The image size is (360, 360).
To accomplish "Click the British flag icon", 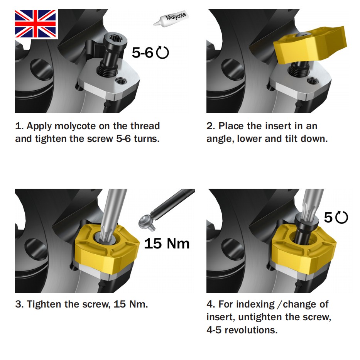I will (x=36, y=24).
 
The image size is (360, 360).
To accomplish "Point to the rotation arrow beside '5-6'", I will (x=163, y=53).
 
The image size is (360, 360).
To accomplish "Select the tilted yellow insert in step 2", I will (x=310, y=45).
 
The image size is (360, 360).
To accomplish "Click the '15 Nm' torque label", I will (x=167, y=243).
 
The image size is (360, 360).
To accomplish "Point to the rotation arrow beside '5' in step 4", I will (x=341, y=218).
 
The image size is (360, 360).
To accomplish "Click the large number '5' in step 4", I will (x=328, y=218).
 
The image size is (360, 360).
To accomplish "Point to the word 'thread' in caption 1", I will (x=145, y=126).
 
